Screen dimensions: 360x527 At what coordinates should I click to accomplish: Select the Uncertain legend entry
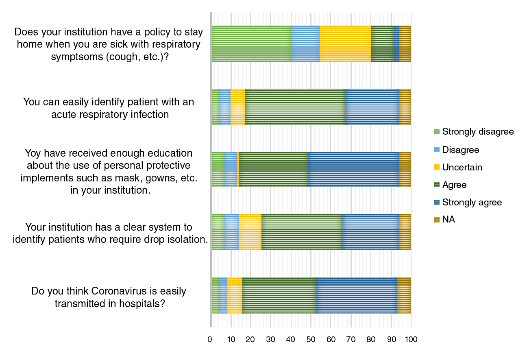pyautogui.click(x=462, y=167)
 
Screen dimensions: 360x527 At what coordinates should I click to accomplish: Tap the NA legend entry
pyautogui.click(x=448, y=220)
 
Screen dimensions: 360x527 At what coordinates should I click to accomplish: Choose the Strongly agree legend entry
pyautogui.click(x=472, y=202)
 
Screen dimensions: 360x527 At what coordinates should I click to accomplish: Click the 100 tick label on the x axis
pyautogui.click(x=411, y=339)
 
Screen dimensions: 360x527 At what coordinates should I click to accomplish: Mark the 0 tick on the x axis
pyautogui.click(x=210, y=339)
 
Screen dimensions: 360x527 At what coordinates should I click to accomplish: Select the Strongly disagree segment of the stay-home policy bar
pyautogui.click(x=251, y=44)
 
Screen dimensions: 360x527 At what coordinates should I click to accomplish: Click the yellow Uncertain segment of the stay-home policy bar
pyautogui.click(x=345, y=44)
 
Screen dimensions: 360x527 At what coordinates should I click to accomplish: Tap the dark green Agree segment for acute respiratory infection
pyautogui.click(x=295, y=107)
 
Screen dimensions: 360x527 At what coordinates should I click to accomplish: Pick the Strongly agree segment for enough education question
pyautogui.click(x=353, y=169)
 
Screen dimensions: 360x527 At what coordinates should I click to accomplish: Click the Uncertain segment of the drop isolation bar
pyautogui.click(x=250, y=232)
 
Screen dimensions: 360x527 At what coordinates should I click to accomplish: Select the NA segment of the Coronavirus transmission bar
pyautogui.click(x=404, y=295)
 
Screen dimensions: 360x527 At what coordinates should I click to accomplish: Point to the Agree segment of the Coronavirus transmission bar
pyautogui.click(x=279, y=295)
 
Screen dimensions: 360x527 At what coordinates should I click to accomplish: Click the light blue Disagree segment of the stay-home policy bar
pyautogui.click(x=305, y=44)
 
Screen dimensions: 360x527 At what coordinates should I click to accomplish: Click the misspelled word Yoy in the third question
pyautogui.click(x=33, y=153)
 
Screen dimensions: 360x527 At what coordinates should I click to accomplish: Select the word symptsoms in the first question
pyautogui.click(x=76, y=57)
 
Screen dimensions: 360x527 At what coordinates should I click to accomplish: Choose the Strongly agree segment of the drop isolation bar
pyautogui.click(x=370, y=232)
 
